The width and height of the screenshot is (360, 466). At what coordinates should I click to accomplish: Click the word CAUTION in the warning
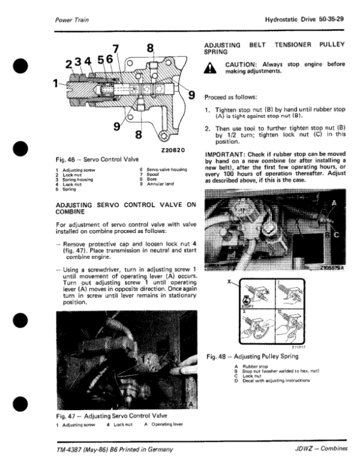coord(242,64)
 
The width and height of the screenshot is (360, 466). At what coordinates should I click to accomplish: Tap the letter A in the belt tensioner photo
coord(334,203)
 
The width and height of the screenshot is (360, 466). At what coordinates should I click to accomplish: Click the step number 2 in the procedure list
coord(207,128)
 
